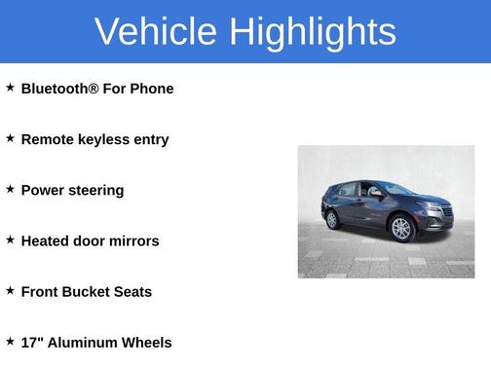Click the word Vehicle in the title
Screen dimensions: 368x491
[x=155, y=32]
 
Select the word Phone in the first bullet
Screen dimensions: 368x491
[x=153, y=89]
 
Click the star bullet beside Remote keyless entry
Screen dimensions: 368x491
[x=10, y=138]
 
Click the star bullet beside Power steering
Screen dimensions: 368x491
[x=10, y=189]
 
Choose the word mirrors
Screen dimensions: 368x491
[x=132, y=240]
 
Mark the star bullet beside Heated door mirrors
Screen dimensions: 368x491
[x=10, y=239]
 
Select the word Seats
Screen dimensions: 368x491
[x=133, y=291]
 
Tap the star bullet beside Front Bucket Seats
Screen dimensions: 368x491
[x=10, y=290]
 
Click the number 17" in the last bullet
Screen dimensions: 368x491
[x=32, y=342]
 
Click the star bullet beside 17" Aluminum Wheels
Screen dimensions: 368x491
[x=10, y=341]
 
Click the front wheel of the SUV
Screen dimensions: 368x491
[x=401, y=230]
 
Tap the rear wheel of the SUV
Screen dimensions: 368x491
[x=333, y=219]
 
